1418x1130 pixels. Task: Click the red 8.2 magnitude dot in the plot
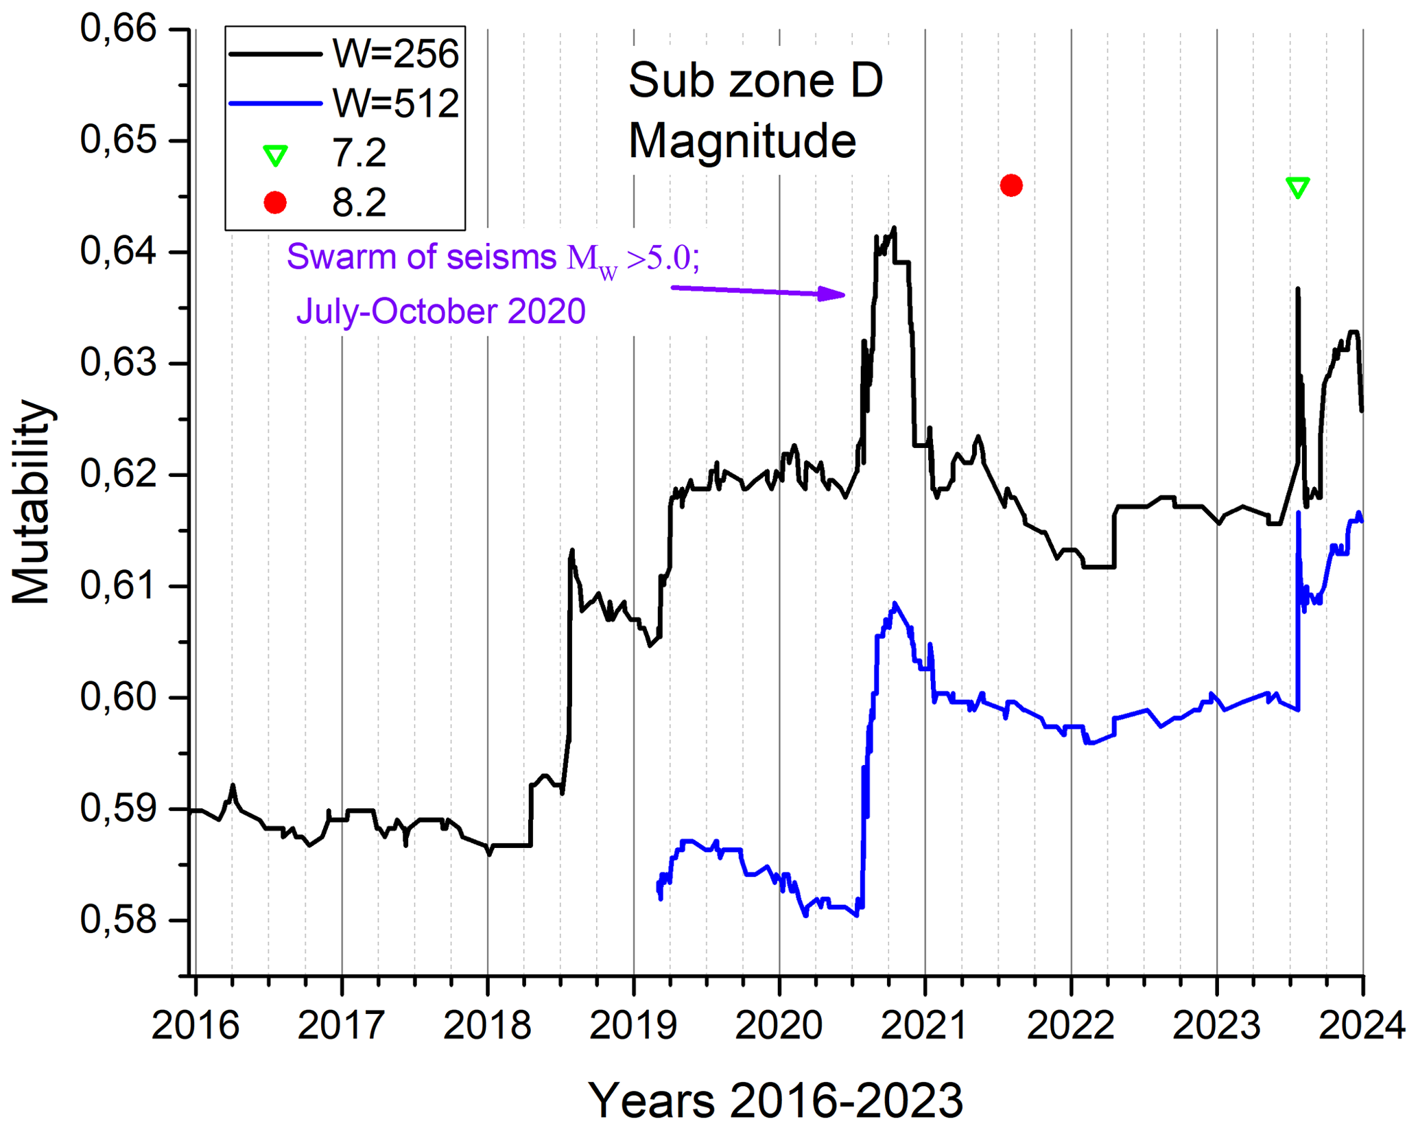[x=1011, y=185]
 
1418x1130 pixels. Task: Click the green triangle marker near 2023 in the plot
[x=1297, y=187]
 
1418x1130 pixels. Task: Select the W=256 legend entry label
[x=395, y=54]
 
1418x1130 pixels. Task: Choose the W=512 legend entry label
[x=395, y=104]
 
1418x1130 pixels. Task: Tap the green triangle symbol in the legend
[x=275, y=156]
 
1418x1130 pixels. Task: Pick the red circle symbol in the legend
[x=275, y=203]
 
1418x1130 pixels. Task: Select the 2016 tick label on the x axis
[x=196, y=1026]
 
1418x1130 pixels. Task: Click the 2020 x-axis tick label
[x=779, y=1026]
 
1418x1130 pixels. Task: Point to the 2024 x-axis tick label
[x=1362, y=1026]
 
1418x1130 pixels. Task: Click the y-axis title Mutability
[x=32, y=502]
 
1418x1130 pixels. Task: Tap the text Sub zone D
[x=755, y=81]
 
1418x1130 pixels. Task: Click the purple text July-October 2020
[x=440, y=311]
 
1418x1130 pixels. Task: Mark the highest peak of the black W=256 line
[x=894, y=228]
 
